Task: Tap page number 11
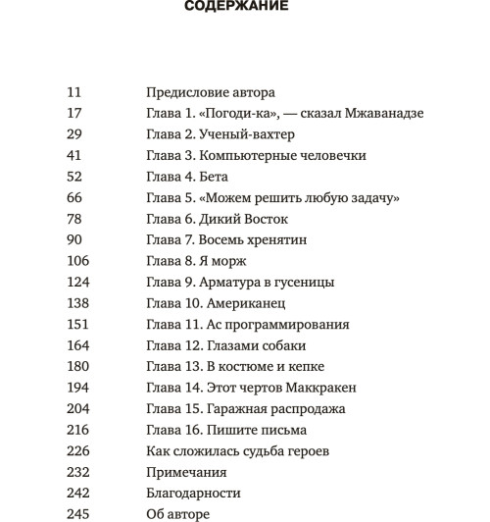point(73,92)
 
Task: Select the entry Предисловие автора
point(210,92)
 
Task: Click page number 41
point(74,156)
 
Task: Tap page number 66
point(74,197)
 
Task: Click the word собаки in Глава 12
point(284,345)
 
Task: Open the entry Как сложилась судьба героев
point(236,450)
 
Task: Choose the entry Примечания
point(186,472)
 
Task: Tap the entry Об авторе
point(177,514)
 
